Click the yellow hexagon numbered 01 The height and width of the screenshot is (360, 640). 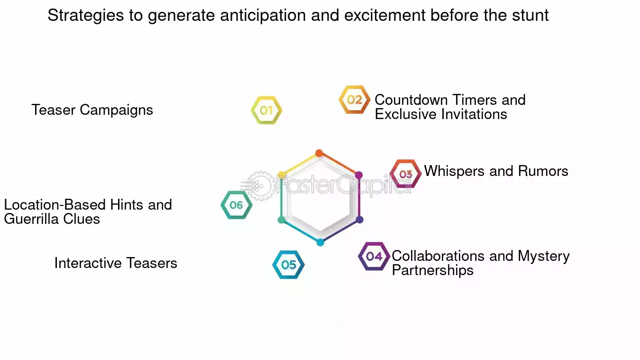266,111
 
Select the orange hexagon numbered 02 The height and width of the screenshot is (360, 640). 354,100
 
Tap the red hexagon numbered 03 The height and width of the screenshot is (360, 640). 405,174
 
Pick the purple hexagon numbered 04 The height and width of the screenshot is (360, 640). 374,257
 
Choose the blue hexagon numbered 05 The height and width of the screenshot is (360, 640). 288,265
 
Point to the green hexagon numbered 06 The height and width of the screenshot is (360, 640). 236,205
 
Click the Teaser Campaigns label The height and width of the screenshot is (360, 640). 92,110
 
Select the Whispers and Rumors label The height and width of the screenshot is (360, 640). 496,171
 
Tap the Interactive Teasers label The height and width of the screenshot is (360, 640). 116,263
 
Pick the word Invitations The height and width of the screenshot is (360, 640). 474,114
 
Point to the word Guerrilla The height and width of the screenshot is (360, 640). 32,219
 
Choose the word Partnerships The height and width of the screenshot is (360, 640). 432,270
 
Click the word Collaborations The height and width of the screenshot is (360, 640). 438,256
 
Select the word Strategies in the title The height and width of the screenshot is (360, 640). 85,16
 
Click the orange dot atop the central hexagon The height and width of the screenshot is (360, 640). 319,153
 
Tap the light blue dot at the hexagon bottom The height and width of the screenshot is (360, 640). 320,242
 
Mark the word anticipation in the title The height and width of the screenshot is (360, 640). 263,16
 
